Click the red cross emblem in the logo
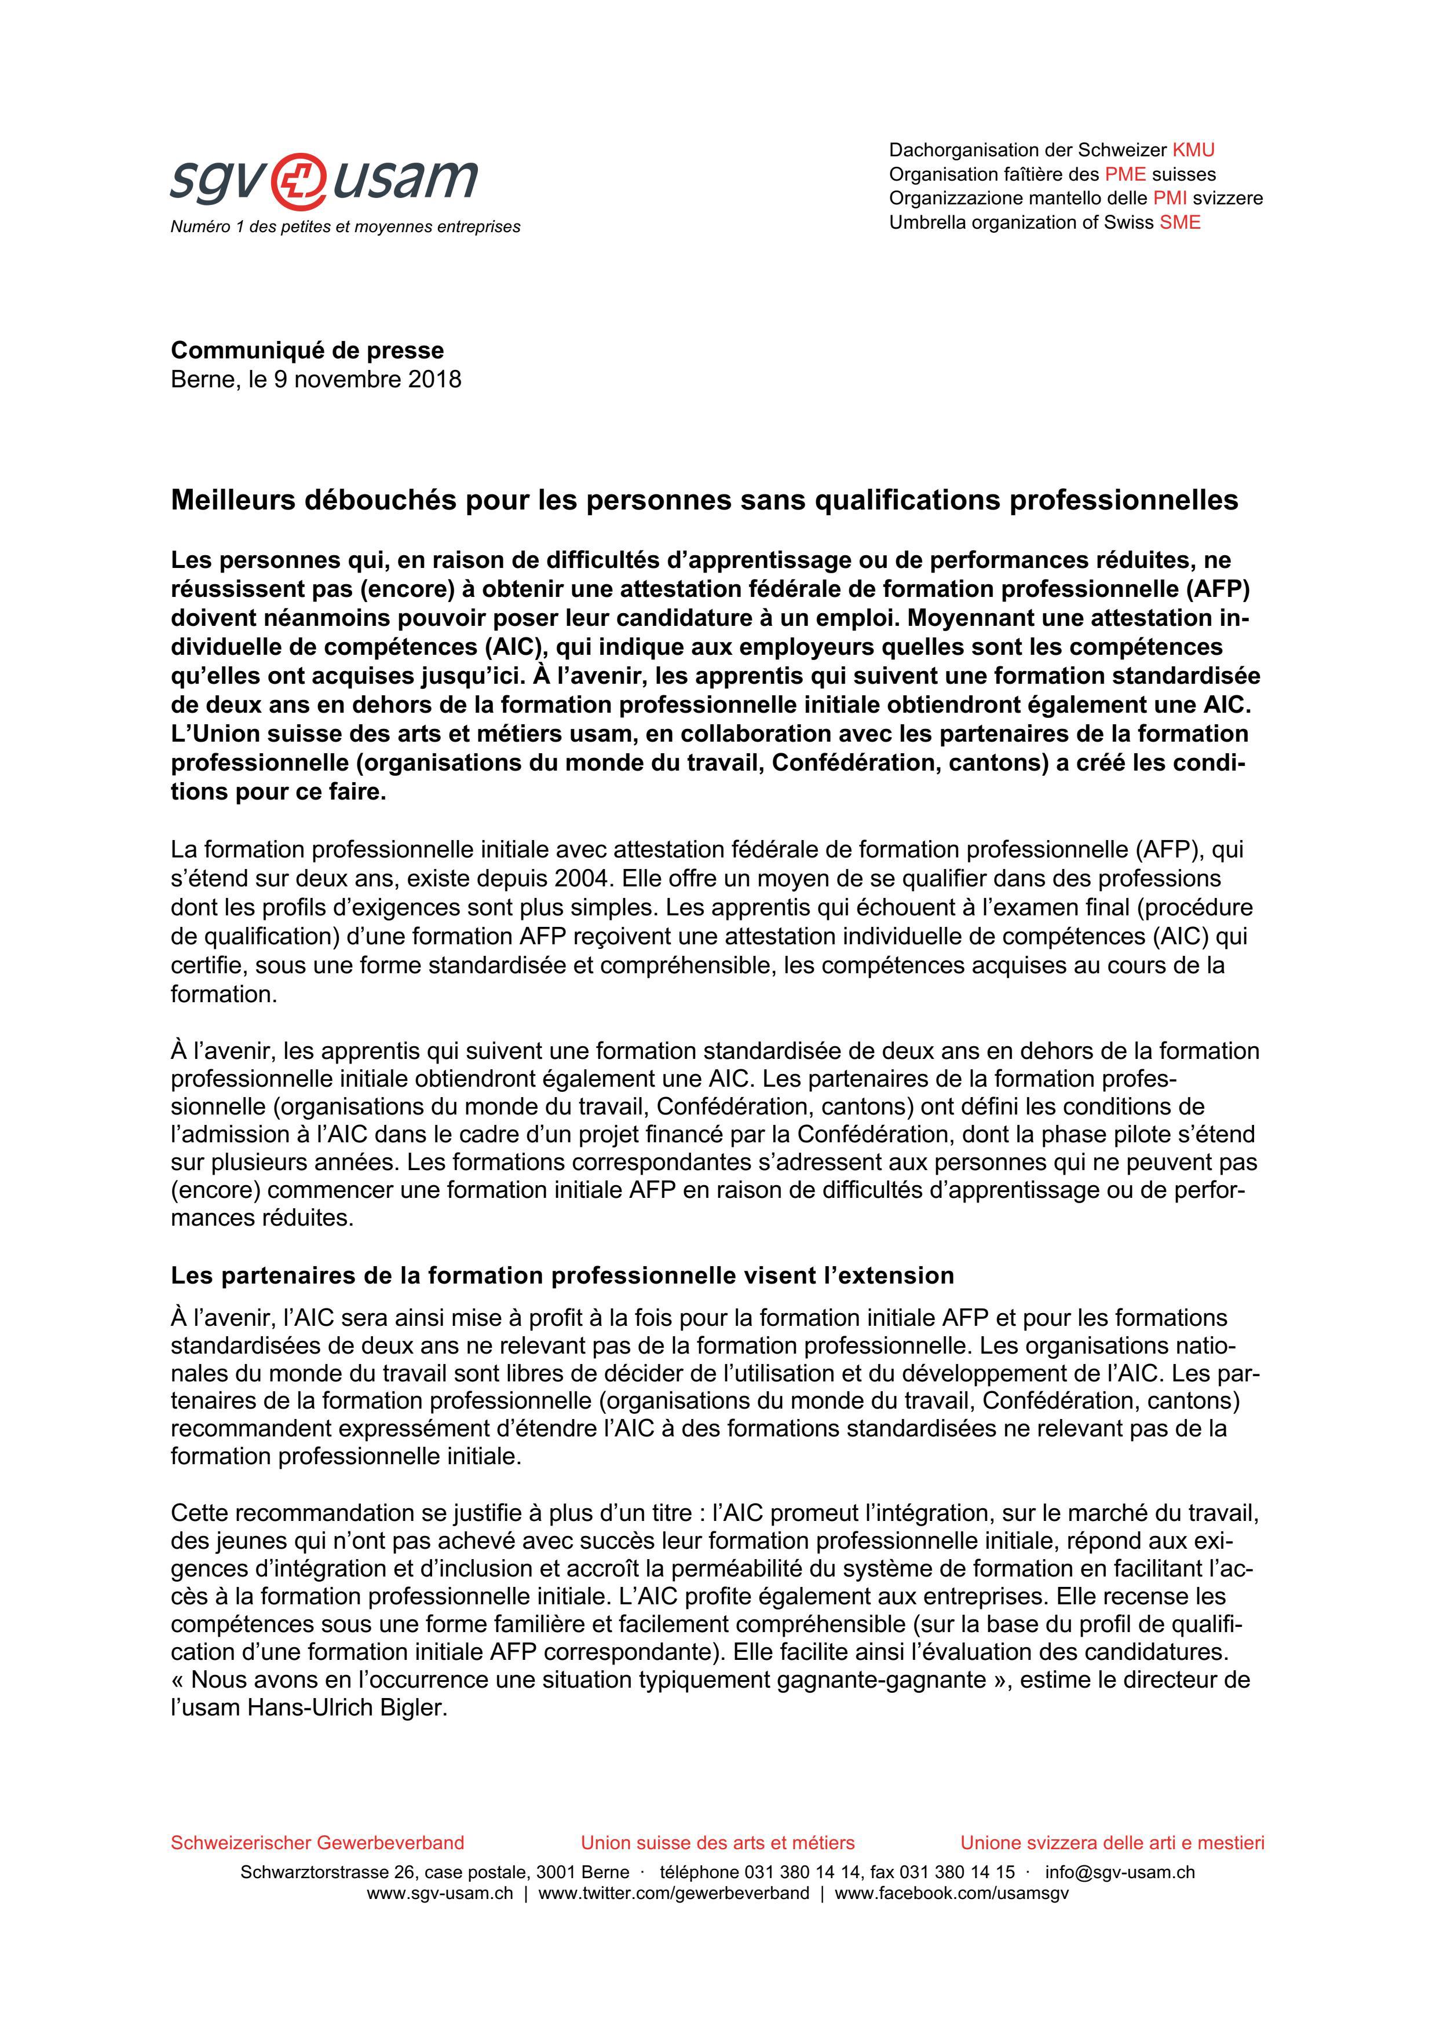coord(297,179)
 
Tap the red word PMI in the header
coord(1170,198)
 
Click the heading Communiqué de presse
coord(307,350)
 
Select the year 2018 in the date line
coord(434,379)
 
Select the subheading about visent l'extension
coord(562,1275)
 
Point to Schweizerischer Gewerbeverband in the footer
coord(317,1843)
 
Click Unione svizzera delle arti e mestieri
coord(1112,1843)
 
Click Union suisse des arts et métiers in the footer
coord(718,1843)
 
